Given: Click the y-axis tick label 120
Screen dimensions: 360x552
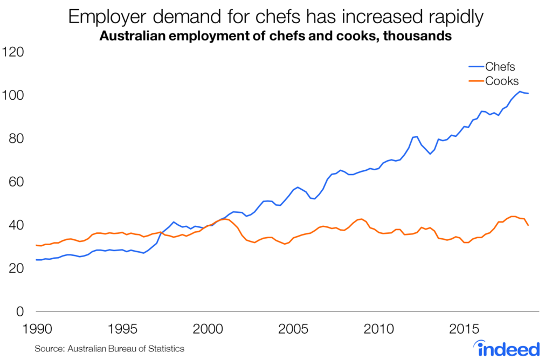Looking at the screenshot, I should coord(15,52).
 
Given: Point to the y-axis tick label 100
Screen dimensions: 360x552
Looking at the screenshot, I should coord(15,95).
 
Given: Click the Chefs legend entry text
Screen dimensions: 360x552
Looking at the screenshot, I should coord(500,67).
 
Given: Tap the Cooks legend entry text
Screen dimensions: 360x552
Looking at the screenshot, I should coord(502,81).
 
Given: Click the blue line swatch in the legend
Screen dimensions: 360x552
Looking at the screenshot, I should coord(475,67).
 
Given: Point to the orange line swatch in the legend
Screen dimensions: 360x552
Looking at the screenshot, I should coord(475,81).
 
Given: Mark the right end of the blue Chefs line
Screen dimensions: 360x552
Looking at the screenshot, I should coord(528,94).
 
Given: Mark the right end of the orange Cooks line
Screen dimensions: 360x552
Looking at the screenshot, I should coord(528,225).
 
